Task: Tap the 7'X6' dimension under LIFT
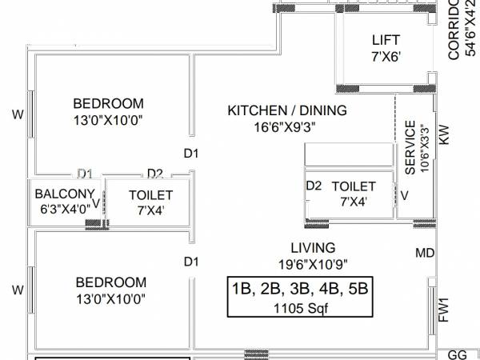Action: click(385, 57)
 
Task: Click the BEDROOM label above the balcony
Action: click(108, 103)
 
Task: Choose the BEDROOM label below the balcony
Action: click(111, 282)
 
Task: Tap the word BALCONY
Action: click(65, 194)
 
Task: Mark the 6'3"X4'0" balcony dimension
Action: click(63, 210)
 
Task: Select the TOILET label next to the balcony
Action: click(150, 194)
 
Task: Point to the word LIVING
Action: click(314, 247)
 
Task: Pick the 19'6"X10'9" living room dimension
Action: click(313, 264)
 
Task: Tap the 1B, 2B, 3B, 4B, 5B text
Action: click(302, 289)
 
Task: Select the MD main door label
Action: click(425, 254)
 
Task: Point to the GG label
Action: click(457, 353)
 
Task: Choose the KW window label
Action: click(445, 134)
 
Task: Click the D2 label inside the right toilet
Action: click(314, 186)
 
